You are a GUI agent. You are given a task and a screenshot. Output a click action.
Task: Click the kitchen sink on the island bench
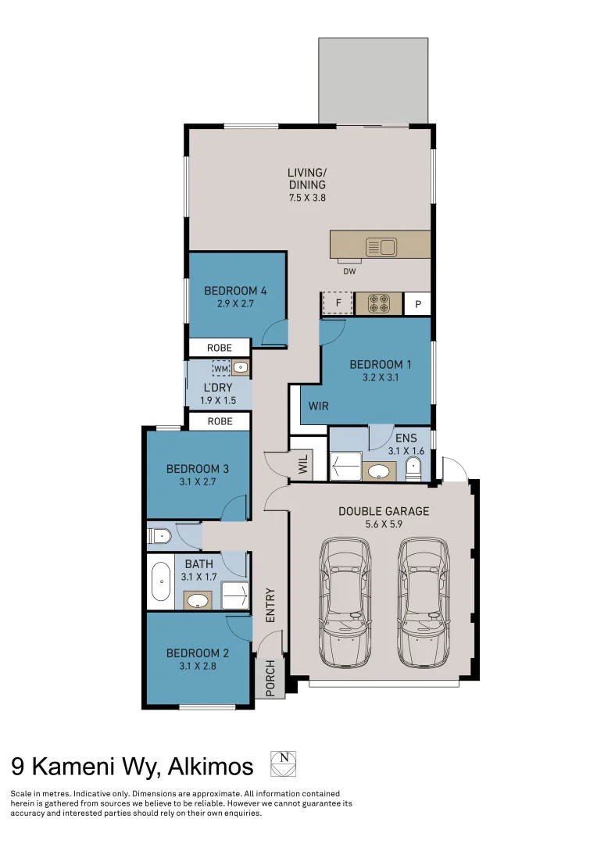pos(381,248)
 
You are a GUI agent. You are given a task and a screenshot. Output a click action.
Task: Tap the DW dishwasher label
pos(349,272)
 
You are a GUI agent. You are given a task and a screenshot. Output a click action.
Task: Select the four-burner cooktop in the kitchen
pos(379,302)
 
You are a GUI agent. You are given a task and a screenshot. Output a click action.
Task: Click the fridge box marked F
pos(338,302)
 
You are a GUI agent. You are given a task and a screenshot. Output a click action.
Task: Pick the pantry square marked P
pos(418,303)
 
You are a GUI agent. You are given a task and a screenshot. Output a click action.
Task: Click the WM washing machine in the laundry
pos(221,367)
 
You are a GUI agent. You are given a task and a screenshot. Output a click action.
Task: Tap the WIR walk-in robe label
pos(318,406)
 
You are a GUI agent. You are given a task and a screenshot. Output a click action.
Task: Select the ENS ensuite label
pos(406,438)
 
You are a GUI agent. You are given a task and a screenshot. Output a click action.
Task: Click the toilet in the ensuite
pos(413,469)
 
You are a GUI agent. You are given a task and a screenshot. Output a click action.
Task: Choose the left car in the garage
pos(345,602)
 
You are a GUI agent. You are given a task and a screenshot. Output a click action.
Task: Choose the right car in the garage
pos(424,602)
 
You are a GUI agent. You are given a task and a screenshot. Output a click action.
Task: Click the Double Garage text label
pos(383,511)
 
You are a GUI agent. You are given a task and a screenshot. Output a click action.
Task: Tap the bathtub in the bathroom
pos(162,582)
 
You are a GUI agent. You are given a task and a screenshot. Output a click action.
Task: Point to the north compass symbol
pos(283,764)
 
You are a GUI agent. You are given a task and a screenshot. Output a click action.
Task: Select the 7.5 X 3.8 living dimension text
pos(306,198)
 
